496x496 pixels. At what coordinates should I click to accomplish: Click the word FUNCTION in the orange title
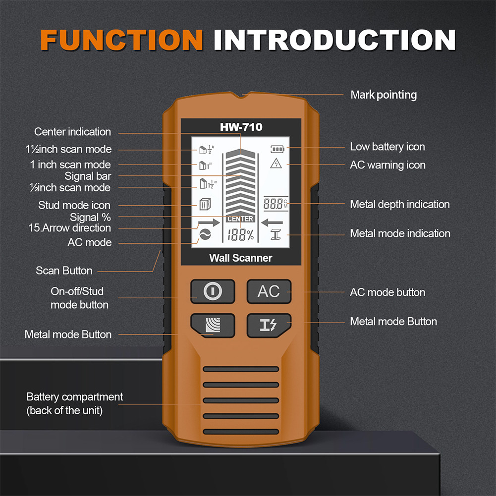click(x=121, y=40)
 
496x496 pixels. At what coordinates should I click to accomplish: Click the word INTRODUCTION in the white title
click(x=334, y=40)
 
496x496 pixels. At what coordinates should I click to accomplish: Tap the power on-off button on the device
click(x=213, y=291)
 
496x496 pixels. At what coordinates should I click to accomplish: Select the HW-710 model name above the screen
click(x=241, y=127)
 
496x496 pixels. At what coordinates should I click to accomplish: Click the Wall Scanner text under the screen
click(x=241, y=258)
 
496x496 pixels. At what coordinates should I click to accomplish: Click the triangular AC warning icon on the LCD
click(x=276, y=164)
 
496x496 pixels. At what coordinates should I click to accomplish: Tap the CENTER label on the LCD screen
click(x=240, y=219)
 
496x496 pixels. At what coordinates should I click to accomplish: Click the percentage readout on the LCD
click(x=240, y=235)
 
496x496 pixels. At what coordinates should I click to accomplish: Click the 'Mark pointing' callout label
click(x=384, y=95)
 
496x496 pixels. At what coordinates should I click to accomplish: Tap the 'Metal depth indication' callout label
click(x=400, y=204)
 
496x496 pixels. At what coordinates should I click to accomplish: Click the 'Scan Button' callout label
click(x=64, y=271)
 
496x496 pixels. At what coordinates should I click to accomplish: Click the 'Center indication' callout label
click(x=72, y=132)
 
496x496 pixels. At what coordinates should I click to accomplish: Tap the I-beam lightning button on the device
click(x=269, y=325)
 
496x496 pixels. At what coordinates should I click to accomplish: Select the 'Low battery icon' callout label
click(x=387, y=147)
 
